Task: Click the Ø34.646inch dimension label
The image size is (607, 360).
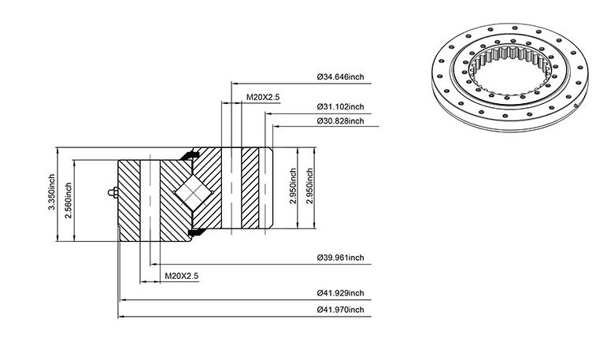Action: coord(341,76)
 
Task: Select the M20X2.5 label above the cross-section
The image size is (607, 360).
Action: coord(263,97)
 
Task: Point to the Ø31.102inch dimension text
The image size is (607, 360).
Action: coord(341,106)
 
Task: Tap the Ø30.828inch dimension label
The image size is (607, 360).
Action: coord(341,121)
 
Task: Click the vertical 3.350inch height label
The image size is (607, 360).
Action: coord(51,192)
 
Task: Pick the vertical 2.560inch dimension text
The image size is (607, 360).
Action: coord(68,200)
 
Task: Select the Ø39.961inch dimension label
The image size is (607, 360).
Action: coord(341,258)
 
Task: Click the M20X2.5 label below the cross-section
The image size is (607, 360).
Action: coord(182,276)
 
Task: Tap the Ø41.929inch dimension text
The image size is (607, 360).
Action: coord(341,293)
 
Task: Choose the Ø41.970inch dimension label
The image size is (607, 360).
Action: coord(341,310)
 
